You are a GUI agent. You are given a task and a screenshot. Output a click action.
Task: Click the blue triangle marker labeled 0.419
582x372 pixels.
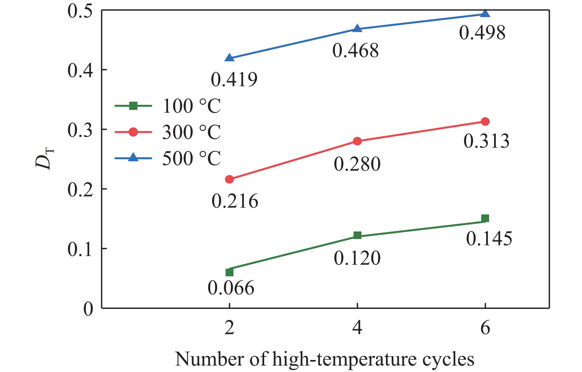[x=230, y=58]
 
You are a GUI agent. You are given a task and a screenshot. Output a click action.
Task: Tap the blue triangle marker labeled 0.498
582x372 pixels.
[x=485, y=14]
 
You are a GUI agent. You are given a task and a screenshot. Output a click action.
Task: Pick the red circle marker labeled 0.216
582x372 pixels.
[x=230, y=179]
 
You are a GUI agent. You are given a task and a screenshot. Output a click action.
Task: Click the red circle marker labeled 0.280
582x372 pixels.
[x=357, y=141]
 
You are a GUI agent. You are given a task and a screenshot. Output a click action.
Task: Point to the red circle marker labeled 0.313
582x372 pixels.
[x=485, y=122]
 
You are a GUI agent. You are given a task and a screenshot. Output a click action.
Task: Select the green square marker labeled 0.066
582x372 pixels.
[x=230, y=272]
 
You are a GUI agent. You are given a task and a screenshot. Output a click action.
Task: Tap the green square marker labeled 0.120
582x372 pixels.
[x=357, y=235]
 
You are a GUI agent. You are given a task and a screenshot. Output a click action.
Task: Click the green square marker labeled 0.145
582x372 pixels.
[x=485, y=218]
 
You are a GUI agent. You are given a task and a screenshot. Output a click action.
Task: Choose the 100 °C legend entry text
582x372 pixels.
[x=191, y=106]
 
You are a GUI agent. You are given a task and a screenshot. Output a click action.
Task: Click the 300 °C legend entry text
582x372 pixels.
[x=191, y=132]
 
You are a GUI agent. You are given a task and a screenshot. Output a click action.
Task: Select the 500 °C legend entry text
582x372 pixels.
[x=191, y=158]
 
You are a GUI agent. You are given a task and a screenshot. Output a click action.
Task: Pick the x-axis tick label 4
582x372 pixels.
[x=357, y=328]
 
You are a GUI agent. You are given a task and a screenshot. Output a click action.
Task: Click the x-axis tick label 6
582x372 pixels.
[x=485, y=328]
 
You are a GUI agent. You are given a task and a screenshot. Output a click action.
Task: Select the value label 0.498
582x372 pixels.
[x=482, y=33]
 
